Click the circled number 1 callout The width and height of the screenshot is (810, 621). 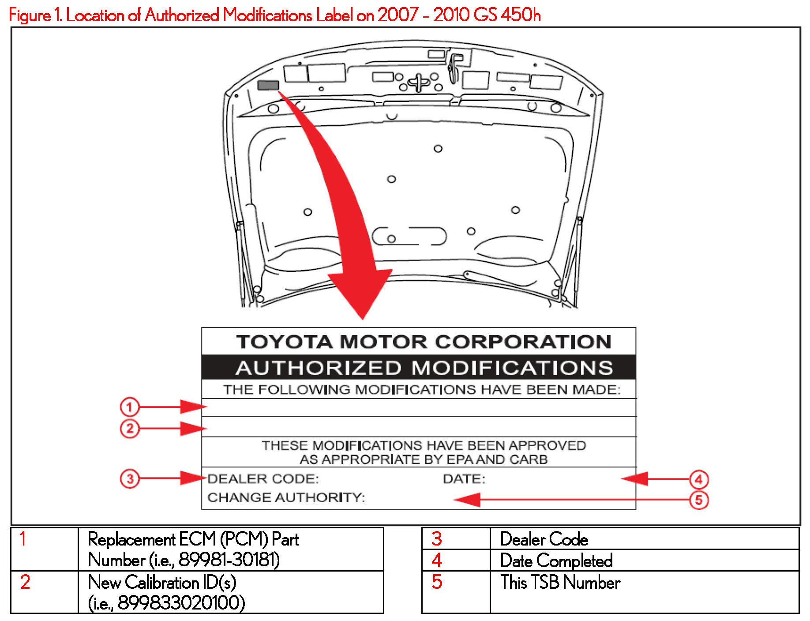point(130,407)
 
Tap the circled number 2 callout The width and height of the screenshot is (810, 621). point(130,429)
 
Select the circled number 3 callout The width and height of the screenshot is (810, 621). point(130,479)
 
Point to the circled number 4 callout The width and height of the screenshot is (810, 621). point(699,479)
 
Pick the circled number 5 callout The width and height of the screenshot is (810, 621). point(699,500)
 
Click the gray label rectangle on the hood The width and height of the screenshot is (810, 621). point(268,85)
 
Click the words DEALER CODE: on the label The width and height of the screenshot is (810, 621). point(263,479)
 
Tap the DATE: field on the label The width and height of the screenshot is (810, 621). point(464,479)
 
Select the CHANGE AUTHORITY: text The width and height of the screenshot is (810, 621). point(286,498)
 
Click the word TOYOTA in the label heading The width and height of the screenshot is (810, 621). point(284,342)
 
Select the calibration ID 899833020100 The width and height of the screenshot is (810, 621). point(181,603)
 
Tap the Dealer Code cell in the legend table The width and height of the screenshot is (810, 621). point(544,539)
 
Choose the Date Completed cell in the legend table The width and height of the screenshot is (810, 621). point(556,561)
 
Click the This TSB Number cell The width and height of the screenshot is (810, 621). point(560,583)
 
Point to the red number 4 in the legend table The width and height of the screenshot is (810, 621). point(437,561)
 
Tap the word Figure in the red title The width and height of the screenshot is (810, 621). point(30,15)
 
